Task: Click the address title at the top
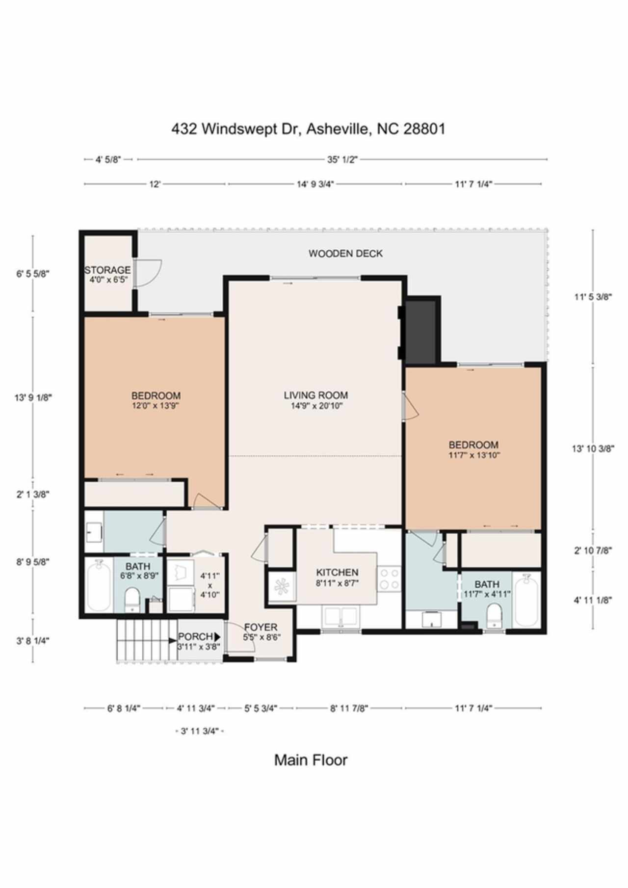(308, 129)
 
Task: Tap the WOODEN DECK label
(345, 254)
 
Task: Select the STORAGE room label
(107, 270)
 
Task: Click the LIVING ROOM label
(316, 395)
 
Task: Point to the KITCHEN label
(337, 573)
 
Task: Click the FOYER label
(261, 627)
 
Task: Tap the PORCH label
(195, 637)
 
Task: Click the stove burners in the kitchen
(389, 578)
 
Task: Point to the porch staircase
(146, 641)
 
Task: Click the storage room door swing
(148, 273)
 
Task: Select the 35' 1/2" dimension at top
(342, 159)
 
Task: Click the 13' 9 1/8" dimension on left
(33, 398)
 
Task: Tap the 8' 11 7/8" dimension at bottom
(349, 708)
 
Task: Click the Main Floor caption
(311, 760)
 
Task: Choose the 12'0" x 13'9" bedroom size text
(156, 406)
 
